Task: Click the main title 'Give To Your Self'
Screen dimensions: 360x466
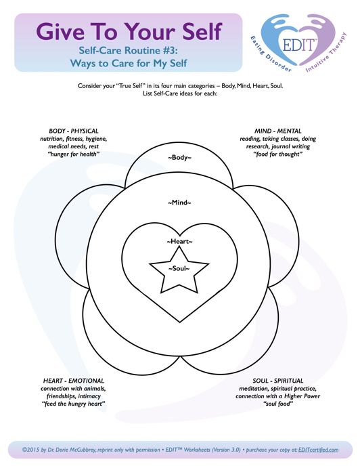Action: [x=129, y=32]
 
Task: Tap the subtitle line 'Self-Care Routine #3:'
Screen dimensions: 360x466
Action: [x=128, y=51]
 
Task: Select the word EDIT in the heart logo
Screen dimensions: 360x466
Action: [x=298, y=45]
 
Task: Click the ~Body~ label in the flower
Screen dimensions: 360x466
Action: [x=179, y=157]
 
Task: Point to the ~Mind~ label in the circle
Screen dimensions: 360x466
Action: [x=179, y=203]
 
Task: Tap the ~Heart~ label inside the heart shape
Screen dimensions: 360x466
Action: [x=179, y=241]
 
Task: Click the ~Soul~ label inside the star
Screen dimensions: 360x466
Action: [x=179, y=268]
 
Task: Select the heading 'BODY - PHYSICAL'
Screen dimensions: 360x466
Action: [x=73, y=131]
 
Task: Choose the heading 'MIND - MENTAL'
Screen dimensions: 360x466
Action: [x=277, y=131]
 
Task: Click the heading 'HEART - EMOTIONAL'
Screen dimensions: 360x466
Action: [x=73, y=381]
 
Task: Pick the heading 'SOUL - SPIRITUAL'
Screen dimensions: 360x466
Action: [x=277, y=381]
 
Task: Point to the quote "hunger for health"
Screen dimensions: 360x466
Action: [x=73, y=154]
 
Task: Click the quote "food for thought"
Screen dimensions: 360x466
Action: [x=277, y=154]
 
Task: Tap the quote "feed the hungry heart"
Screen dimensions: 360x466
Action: [x=73, y=404]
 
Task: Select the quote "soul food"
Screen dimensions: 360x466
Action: [x=277, y=404]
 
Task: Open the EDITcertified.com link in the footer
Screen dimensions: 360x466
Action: [x=318, y=450]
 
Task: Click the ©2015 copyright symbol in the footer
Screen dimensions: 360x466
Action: [x=24, y=450]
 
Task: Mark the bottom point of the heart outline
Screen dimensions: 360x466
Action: [x=180, y=322]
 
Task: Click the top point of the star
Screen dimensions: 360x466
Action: [x=179, y=247]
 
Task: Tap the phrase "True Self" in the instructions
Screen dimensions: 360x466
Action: [x=131, y=86]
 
